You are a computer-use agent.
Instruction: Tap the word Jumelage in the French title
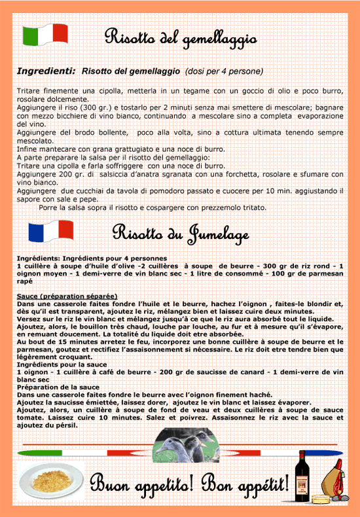(x=219, y=233)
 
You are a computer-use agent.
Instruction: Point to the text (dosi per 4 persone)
(x=224, y=71)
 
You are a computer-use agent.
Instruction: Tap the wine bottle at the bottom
(x=303, y=478)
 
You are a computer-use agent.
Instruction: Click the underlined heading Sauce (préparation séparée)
(x=67, y=296)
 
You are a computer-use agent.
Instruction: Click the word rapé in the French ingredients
(x=26, y=281)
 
